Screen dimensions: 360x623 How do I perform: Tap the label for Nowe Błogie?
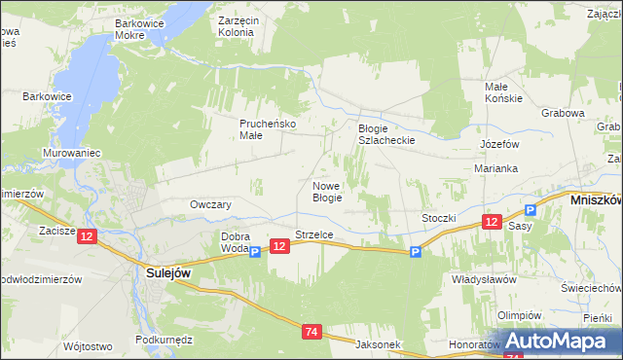326,192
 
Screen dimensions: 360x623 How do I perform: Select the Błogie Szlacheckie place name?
386,134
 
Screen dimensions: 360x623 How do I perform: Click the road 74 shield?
311,333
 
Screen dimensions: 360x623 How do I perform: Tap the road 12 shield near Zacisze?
88,236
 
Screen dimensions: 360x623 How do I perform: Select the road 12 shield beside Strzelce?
279,247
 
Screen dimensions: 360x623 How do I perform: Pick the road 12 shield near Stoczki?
491,223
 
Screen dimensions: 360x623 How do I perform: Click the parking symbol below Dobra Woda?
255,253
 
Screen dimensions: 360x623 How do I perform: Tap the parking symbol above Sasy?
531,210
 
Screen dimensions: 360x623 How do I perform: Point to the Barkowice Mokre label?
143,28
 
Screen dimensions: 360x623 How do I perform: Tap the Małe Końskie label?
504,92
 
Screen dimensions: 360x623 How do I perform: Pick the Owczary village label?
210,205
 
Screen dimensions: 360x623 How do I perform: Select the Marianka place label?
496,167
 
